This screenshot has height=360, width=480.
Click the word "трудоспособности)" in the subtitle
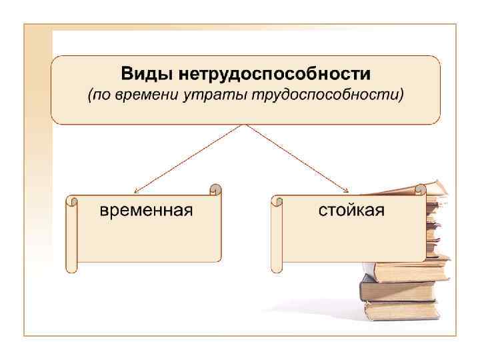pyautogui.click(x=327, y=95)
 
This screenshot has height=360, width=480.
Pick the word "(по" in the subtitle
pyautogui.click(x=98, y=95)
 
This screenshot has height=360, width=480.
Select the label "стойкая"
pyautogui.click(x=351, y=211)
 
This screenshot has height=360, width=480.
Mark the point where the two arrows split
pyautogui.click(x=246, y=125)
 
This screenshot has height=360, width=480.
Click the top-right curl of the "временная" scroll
pyautogui.click(x=215, y=189)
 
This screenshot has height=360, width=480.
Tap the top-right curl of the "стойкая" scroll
pyautogui.click(x=420, y=189)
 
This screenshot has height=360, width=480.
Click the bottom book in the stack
pyautogui.click(x=400, y=309)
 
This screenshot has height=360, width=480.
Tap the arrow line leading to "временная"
pyautogui.click(x=190, y=159)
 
